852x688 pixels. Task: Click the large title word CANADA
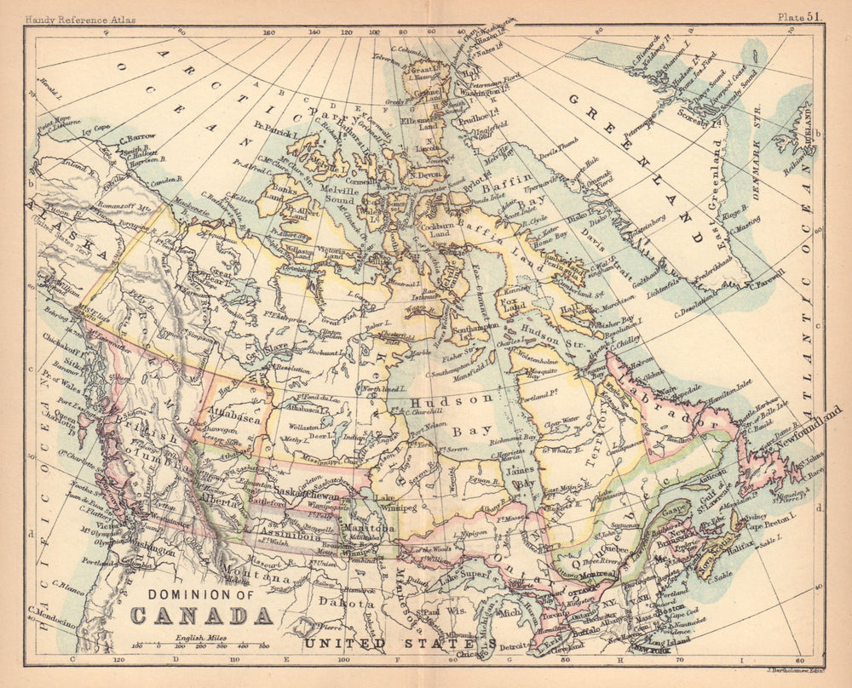(x=201, y=615)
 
